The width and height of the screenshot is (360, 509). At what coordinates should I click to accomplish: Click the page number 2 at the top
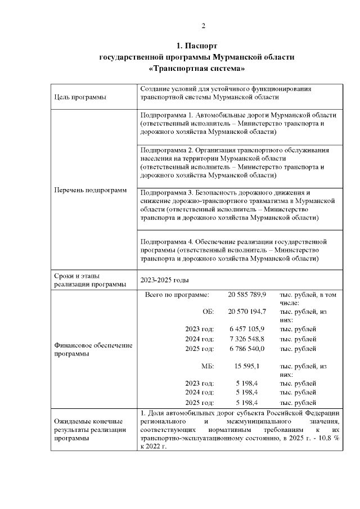(x=204, y=26)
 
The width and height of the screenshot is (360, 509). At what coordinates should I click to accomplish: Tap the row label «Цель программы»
(x=80, y=97)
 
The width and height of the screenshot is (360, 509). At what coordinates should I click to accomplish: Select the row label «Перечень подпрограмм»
(x=90, y=190)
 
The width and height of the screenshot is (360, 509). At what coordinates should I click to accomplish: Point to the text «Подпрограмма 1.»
(x=167, y=115)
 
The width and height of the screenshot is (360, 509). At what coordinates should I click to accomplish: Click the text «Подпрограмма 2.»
(x=167, y=150)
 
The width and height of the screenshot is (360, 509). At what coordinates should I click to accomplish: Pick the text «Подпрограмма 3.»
(x=167, y=192)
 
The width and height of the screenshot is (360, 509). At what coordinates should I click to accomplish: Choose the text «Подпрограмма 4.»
(x=167, y=241)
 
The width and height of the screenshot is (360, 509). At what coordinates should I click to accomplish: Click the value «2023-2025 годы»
(x=164, y=280)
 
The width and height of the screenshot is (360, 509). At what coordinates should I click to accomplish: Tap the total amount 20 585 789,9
(x=247, y=294)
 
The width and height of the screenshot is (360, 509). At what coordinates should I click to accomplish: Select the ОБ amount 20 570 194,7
(x=247, y=311)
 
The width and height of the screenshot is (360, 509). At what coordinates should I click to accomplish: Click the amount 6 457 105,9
(x=247, y=328)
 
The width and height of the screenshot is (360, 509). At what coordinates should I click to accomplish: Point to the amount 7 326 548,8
(x=247, y=339)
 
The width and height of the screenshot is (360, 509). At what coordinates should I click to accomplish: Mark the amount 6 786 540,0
(x=247, y=349)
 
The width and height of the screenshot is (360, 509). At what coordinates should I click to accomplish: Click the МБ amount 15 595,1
(x=247, y=366)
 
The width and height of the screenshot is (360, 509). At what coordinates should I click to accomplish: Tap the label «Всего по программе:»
(x=177, y=294)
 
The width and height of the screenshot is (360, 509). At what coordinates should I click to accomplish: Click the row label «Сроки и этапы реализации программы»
(x=90, y=280)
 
